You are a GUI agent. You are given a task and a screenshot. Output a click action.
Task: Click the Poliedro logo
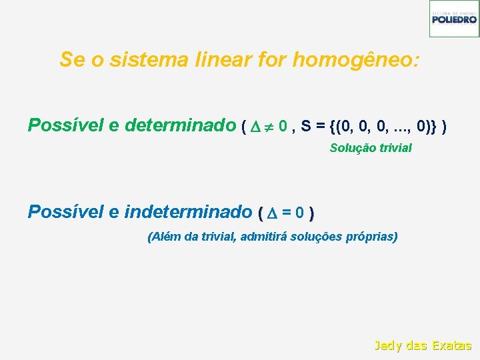point(454,18)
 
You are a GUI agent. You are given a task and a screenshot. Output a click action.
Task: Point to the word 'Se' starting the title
point(70,60)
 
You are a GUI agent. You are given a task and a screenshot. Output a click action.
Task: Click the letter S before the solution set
point(305,125)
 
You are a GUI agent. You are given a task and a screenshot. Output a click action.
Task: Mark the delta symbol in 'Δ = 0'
point(271,213)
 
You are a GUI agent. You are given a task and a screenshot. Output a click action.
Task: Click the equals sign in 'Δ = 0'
point(287,213)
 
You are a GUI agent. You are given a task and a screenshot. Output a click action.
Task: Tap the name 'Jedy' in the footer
point(387,345)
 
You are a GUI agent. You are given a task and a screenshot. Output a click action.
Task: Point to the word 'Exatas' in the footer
point(451,345)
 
